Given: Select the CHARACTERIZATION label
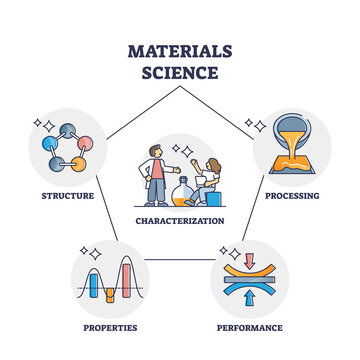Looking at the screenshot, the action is pos(180,218).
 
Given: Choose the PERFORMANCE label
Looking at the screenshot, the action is pos(250,327).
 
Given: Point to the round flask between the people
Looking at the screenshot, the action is pos(182,192).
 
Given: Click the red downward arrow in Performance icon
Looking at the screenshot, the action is pos(250,258).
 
